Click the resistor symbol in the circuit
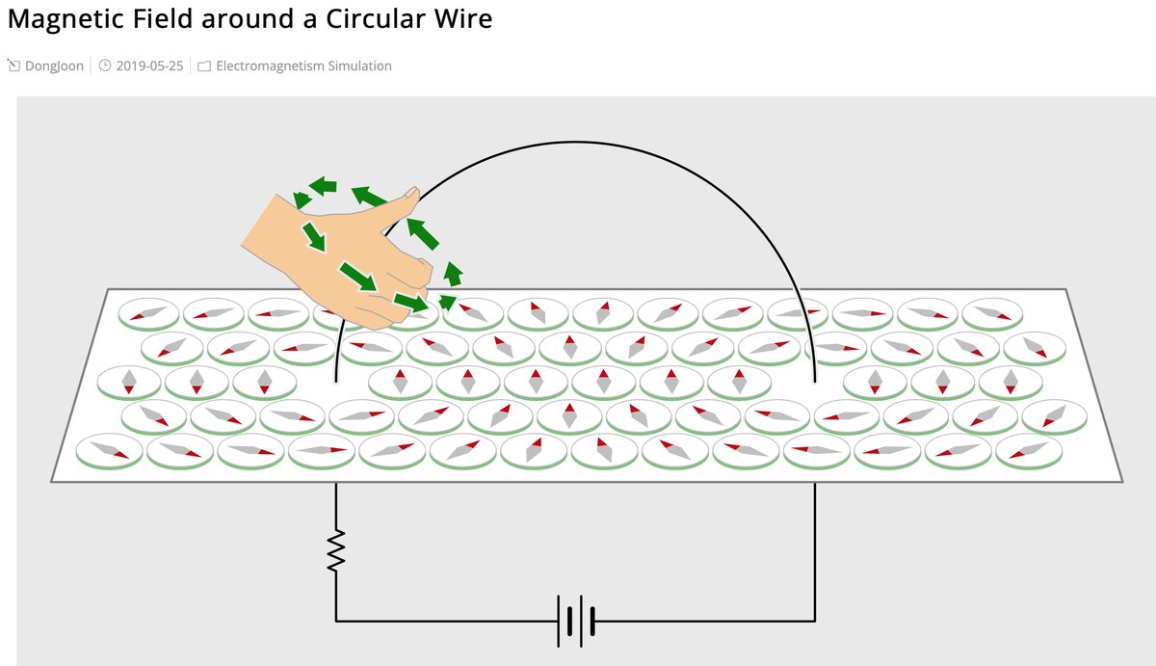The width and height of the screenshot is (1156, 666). (335, 550)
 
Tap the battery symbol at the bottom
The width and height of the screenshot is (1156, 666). (574, 620)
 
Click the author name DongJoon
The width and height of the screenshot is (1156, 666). (54, 67)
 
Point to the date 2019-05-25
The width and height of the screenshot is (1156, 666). (149, 67)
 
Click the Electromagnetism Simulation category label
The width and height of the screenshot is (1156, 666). (303, 67)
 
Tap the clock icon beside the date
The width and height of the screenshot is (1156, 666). (105, 67)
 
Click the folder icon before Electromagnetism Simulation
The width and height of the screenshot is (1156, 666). (203, 67)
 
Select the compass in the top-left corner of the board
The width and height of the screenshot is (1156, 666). (148, 312)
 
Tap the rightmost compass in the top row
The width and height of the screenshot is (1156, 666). (991, 312)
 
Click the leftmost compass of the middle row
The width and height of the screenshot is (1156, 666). (129, 381)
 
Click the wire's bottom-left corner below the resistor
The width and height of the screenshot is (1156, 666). (335, 620)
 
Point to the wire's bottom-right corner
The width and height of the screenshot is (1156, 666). (815, 620)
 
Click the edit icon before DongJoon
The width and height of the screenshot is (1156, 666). (13, 67)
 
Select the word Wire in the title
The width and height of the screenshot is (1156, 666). (460, 18)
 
